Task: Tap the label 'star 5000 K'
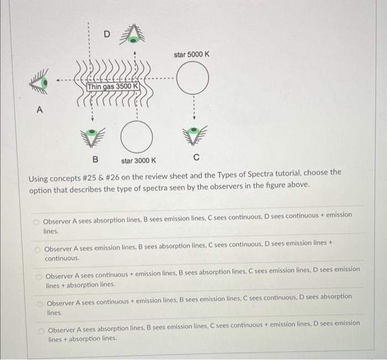click(x=192, y=54)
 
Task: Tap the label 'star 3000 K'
click(x=139, y=161)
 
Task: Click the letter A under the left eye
click(x=39, y=109)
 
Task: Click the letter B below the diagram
click(x=95, y=160)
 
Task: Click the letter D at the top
click(x=108, y=34)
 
